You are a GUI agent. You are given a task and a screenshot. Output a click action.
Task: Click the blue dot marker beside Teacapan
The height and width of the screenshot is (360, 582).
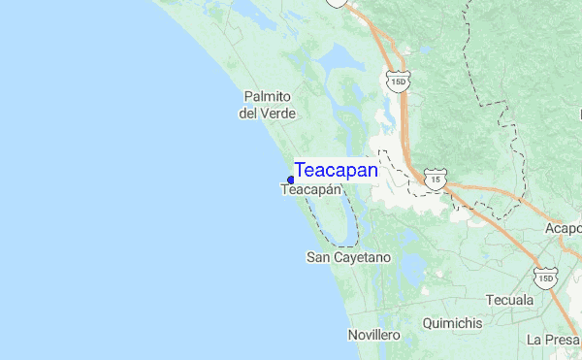(291, 180)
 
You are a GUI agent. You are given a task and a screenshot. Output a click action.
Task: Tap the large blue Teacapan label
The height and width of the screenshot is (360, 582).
(336, 170)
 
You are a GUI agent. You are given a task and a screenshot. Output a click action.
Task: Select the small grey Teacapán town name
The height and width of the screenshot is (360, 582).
(310, 190)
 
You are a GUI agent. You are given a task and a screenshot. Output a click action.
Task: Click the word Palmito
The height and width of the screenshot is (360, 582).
(268, 97)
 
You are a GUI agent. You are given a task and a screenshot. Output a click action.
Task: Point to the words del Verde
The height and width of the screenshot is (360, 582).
(267, 114)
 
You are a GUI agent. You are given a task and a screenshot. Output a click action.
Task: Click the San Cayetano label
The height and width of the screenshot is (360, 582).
(348, 258)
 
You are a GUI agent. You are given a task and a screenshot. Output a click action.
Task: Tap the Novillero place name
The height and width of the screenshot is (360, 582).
(373, 335)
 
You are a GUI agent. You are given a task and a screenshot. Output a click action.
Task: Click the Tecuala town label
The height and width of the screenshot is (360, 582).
(510, 300)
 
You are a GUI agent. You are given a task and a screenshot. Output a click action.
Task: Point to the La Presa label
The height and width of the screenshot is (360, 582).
(553, 340)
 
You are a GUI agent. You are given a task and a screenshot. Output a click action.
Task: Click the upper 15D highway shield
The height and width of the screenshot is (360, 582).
(396, 80)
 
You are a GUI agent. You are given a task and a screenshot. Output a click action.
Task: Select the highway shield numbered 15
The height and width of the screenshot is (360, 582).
(436, 180)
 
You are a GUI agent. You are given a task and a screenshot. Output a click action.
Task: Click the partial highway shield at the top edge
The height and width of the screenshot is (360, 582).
(337, 3)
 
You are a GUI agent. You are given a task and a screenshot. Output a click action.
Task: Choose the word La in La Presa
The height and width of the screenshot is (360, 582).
(534, 340)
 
